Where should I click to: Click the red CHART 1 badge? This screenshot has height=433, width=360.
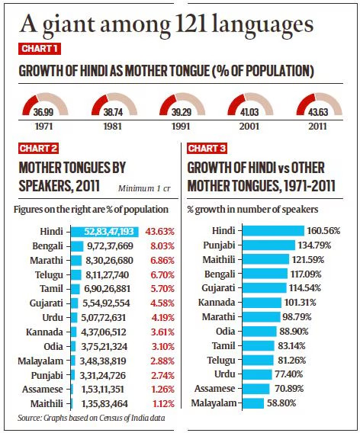point(40,49)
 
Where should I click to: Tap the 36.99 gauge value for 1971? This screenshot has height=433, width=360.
point(43,112)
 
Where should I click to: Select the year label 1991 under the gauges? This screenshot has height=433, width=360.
point(181,127)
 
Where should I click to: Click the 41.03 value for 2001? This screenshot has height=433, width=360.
point(249,112)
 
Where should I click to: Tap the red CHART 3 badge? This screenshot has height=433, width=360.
point(207,149)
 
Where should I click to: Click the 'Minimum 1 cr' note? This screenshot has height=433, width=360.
point(144,188)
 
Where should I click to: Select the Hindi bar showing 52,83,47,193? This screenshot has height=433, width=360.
point(104,232)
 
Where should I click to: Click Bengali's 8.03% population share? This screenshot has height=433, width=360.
point(162,245)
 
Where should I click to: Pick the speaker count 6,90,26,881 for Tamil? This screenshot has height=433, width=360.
point(108,289)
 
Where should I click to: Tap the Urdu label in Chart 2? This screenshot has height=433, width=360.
point(53,318)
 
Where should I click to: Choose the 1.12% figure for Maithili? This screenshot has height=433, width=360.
point(163,404)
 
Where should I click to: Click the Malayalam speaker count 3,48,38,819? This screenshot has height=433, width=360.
point(103,361)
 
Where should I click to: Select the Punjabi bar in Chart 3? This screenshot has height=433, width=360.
point(268,245)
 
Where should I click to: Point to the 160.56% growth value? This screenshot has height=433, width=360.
point(323,230)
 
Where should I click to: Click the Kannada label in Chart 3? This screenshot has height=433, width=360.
point(217,302)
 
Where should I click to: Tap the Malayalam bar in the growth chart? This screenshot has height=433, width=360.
point(253,403)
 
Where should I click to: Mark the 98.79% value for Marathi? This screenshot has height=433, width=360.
point(297,316)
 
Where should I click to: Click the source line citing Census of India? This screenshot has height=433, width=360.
point(92,418)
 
